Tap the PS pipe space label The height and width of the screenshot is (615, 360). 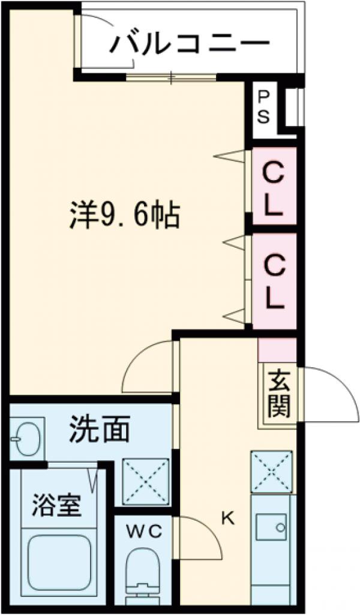[x=263, y=107]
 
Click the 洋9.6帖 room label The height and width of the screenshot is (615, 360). [x=125, y=214]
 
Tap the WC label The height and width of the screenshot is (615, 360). [x=143, y=530]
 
